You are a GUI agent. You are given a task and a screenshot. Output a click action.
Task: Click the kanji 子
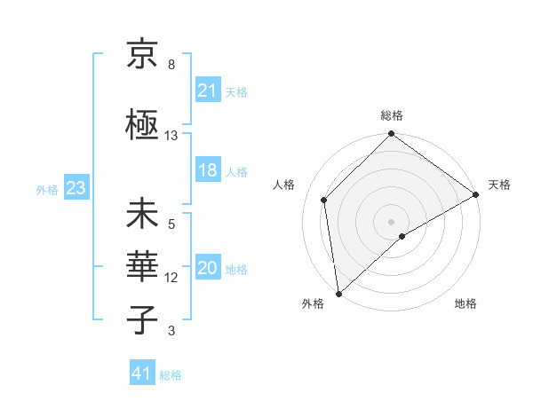click(x=142, y=320)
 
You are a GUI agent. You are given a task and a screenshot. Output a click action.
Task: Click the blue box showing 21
click(x=207, y=90)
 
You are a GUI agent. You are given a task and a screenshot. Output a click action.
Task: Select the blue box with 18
click(x=207, y=171)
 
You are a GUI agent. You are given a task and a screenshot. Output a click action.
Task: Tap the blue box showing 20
click(x=207, y=269)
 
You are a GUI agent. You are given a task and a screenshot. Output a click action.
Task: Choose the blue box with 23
click(x=76, y=188)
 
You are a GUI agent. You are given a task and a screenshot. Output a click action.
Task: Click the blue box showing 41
click(x=142, y=374)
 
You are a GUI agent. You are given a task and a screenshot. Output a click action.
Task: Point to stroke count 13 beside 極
click(x=171, y=136)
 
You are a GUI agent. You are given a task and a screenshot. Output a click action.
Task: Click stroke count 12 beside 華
click(x=171, y=278)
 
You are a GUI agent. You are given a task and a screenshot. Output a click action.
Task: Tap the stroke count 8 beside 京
click(x=171, y=65)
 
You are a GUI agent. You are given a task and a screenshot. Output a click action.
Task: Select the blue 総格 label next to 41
click(x=171, y=375)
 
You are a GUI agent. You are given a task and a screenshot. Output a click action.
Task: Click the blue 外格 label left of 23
click(x=47, y=189)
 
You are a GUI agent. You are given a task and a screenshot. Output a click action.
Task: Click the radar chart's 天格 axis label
click(x=499, y=185)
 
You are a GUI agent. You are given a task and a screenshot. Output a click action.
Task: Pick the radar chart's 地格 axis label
click(x=465, y=303)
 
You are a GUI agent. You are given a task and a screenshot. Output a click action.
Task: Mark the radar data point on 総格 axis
click(x=391, y=136)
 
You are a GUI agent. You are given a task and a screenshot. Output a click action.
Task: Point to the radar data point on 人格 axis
click(x=324, y=200)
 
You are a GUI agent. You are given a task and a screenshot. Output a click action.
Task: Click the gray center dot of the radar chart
click(x=391, y=221)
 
